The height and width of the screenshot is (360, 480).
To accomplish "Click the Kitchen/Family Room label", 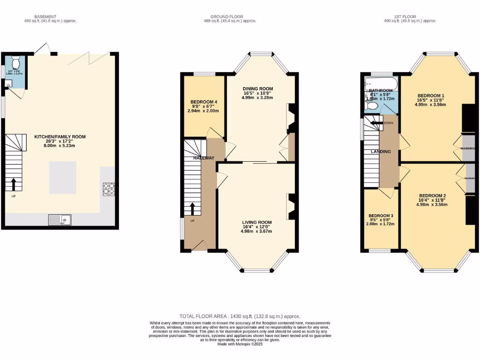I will click(x=60, y=137).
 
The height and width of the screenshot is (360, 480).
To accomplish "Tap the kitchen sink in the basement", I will click(x=59, y=219).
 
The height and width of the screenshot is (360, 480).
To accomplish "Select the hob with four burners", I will click(x=109, y=188).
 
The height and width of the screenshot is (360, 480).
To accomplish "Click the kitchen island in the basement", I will click(x=63, y=178).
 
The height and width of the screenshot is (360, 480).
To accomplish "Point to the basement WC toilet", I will click(x=15, y=62).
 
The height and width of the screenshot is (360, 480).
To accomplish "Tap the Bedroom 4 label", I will click(x=204, y=102).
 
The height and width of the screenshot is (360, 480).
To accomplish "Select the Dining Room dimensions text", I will click(x=257, y=95).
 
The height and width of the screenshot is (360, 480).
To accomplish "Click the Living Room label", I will click(x=257, y=222).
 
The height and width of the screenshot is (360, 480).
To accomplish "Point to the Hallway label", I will click(x=204, y=158).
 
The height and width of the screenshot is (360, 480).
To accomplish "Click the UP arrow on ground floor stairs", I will click(x=193, y=207).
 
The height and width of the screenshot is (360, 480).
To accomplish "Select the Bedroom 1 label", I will click(x=431, y=96).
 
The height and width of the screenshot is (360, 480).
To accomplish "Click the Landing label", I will click(x=381, y=151).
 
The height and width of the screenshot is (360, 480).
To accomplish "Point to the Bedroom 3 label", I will click(x=381, y=216).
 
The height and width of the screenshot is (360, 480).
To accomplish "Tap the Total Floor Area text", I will click(x=240, y=316).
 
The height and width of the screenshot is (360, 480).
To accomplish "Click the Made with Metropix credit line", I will click(x=240, y=344).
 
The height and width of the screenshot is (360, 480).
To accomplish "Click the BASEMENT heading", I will click(x=50, y=16).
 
